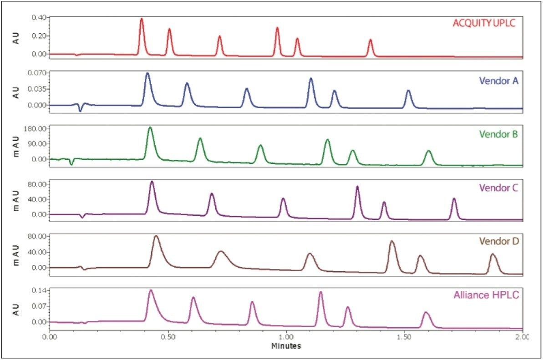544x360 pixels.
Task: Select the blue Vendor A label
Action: pyautogui.click(x=498, y=81)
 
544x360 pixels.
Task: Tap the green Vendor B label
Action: pyautogui.click(x=498, y=134)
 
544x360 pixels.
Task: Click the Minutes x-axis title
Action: pyautogui.click(x=286, y=346)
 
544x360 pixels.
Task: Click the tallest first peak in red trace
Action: pyautogui.click(x=142, y=19)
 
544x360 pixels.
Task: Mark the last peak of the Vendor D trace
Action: pyautogui.click(x=493, y=254)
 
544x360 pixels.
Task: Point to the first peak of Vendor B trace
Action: pyautogui.click(x=150, y=128)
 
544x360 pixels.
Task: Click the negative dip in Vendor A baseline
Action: pyautogui.click(x=80, y=111)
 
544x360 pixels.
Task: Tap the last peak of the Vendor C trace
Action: pyautogui.click(x=454, y=199)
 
